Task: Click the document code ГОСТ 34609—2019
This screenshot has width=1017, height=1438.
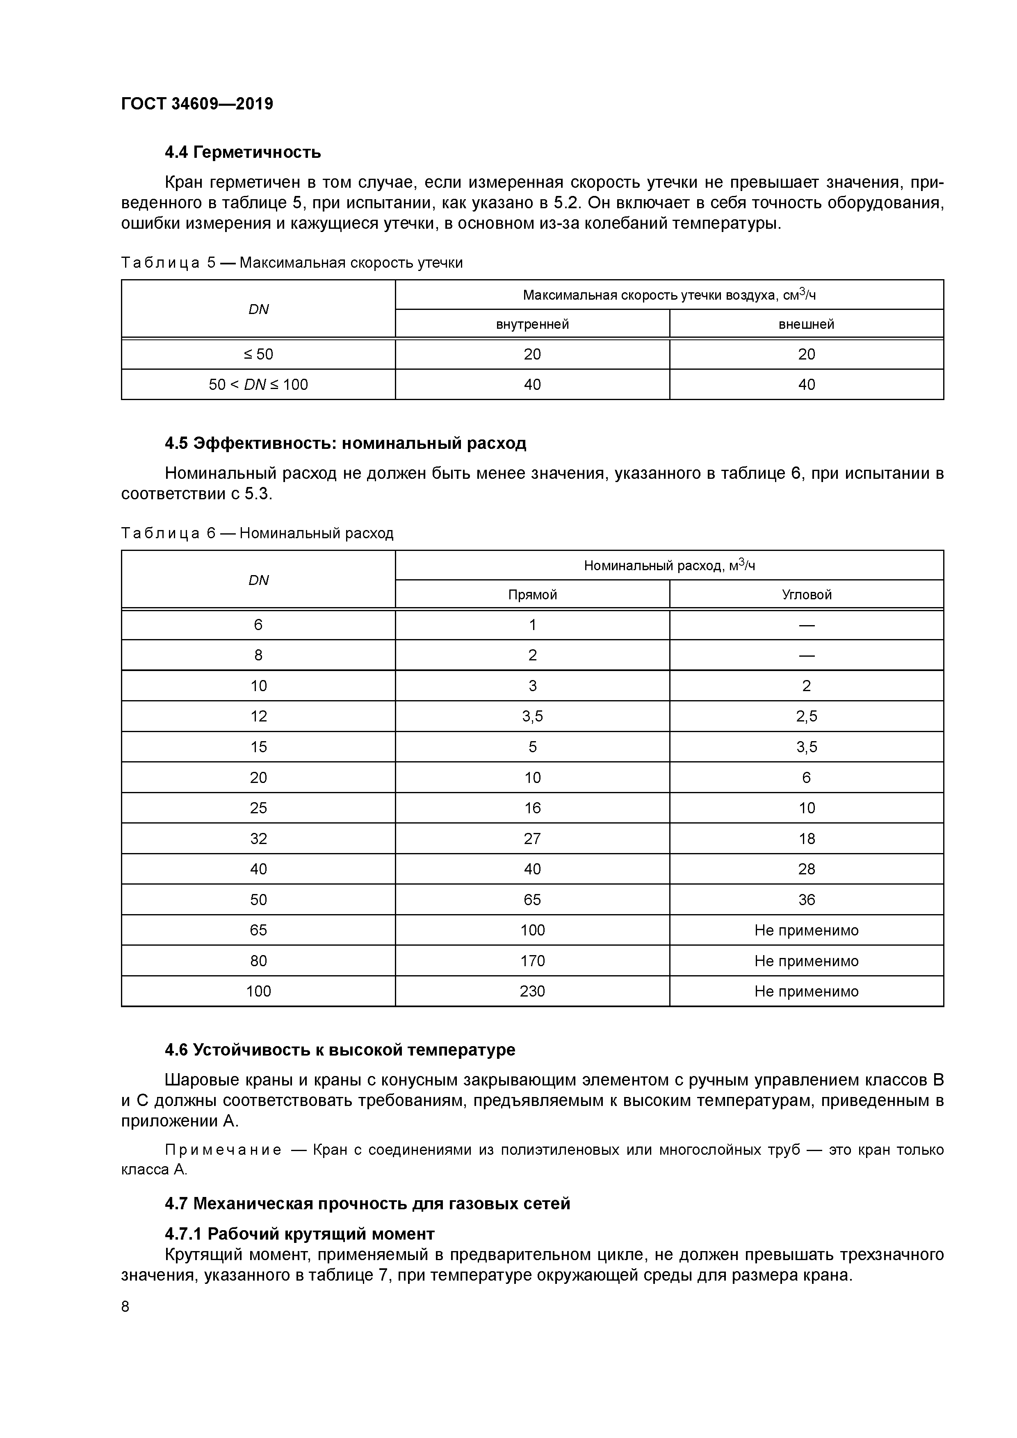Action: coord(197,104)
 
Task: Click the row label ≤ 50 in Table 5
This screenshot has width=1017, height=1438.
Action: coord(258,355)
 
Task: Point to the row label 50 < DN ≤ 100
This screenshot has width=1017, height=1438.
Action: coord(258,385)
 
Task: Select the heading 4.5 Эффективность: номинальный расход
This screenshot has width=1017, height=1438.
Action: coord(345,444)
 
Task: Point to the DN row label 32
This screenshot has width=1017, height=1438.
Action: coord(258,839)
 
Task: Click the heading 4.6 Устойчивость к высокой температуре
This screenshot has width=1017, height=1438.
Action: coord(340,1050)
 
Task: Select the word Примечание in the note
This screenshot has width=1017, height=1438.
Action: coord(223,1151)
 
